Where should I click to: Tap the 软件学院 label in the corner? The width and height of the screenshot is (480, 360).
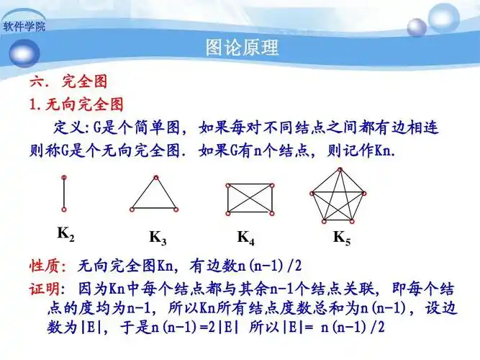pos(24,27)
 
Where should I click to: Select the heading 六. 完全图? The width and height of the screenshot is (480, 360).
pos(68,82)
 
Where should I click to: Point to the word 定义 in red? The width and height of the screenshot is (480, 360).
pos(69,128)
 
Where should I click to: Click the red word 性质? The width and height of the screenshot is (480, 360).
pos(47,266)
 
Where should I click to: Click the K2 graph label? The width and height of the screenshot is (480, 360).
pos(65,234)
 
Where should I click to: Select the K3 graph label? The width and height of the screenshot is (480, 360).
pos(158,237)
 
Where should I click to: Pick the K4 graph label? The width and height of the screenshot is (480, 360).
pos(246,237)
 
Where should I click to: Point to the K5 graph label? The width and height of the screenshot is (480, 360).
pos(341,237)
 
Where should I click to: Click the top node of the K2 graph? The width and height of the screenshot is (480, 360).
pos(64,177)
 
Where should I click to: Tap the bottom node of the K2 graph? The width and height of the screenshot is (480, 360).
pos(64,210)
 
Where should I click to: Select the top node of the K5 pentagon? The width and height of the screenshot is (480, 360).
pos(340,169)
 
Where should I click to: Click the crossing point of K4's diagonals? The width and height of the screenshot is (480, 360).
pos(250,198)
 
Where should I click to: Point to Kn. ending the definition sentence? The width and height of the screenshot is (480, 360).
pos(385,152)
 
